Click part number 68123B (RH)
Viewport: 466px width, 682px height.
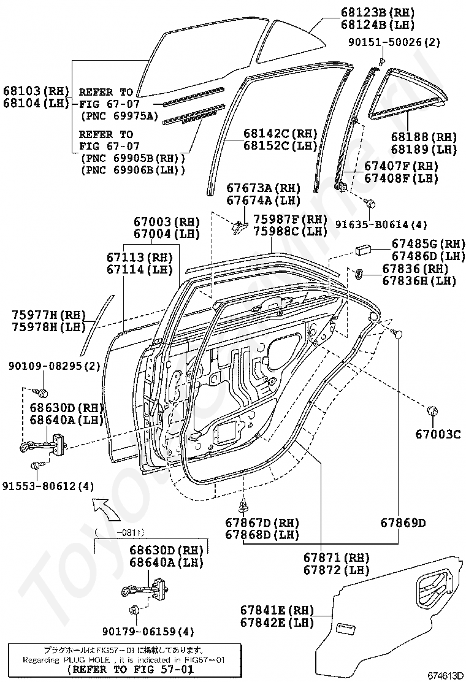[x=377, y=12]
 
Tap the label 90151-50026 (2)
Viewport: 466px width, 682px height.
[x=394, y=42]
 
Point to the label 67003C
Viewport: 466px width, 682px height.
[x=438, y=434]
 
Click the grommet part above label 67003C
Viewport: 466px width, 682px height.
[x=432, y=410]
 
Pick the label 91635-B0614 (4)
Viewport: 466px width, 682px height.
[x=381, y=224]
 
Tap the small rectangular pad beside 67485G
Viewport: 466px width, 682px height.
[x=362, y=250]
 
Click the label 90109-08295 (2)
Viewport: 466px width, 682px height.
[x=55, y=366]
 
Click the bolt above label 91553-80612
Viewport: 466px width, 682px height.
[x=36, y=466]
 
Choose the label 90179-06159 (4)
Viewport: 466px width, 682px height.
[x=148, y=631]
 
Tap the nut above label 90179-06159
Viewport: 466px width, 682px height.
[x=134, y=610]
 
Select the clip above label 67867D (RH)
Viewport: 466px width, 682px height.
[x=243, y=505]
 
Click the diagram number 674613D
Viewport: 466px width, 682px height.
[x=446, y=675]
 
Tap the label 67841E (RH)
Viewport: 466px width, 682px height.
[x=277, y=610]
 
